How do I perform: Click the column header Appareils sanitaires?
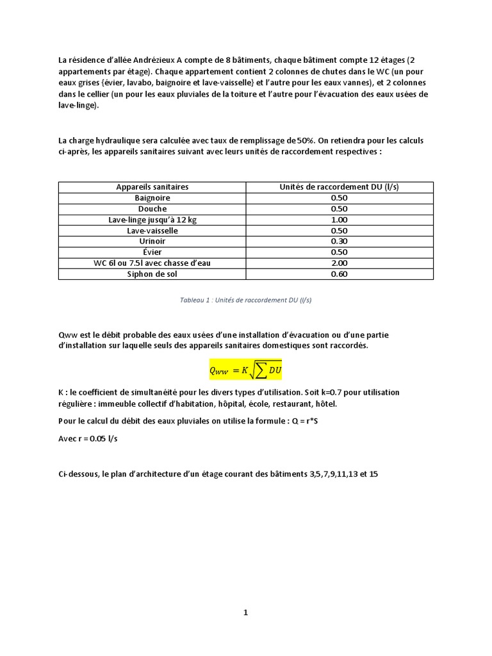(x=152, y=187)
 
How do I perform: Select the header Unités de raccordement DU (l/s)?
(x=339, y=187)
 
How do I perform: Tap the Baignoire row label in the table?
(x=152, y=198)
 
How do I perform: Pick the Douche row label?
(x=152, y=209)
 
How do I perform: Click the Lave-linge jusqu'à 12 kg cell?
(x=152, y=220)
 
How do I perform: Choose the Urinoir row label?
(x=152, y=242)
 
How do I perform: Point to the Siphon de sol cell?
(x=152, y=274)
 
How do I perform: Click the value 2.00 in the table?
(x=339, y=263)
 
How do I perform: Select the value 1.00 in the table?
(x=339, y=220)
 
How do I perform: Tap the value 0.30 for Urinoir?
(x=339, y=242)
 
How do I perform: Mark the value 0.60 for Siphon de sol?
(x=339, y=274)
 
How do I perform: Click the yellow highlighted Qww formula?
(x=246, y=370)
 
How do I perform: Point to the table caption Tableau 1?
(x=246, y=300)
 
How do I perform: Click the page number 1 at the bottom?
(x=245, y=612)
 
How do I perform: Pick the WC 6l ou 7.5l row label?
(x=152, y=263)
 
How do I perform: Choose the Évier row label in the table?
(x=152, y=252)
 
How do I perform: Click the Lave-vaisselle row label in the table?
(x=152, y=231)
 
